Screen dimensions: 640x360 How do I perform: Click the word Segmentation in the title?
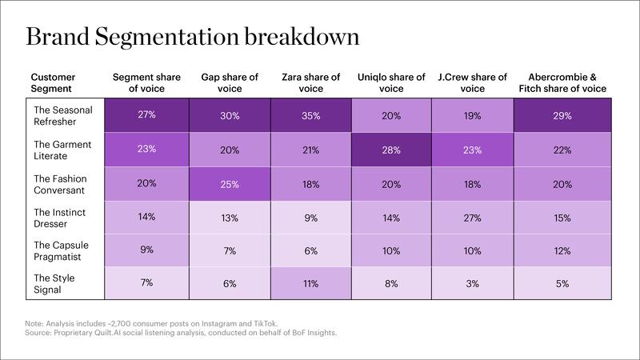click(167, 37)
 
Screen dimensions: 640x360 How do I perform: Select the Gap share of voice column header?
click(230, 83)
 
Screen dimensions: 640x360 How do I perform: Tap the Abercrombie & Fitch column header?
click(562, 83)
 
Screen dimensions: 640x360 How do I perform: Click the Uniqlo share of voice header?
click(391, 83)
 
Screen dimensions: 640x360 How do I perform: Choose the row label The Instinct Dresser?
click(59, 218)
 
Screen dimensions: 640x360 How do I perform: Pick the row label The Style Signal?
click(54, 284)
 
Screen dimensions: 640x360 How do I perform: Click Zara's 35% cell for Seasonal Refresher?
click(311, 115)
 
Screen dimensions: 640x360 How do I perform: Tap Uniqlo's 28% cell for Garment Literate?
click(391, 150)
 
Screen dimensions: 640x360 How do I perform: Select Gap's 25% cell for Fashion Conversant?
click(230, 184)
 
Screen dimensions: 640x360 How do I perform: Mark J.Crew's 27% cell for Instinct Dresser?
click(472, 217)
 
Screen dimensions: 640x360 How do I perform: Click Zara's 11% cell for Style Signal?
click(311, 283)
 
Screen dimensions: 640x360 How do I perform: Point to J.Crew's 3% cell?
click(472, 283)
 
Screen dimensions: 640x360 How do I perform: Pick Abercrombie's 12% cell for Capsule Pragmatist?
click(562, 250)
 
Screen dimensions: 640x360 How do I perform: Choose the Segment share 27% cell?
click(146, 115)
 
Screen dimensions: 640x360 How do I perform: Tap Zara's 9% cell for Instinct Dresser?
click(311, 217)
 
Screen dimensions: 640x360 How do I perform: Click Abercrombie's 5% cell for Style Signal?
click(562, 283)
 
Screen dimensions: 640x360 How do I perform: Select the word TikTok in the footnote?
click(266, 324)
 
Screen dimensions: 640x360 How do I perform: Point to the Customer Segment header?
click(53, 83)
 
